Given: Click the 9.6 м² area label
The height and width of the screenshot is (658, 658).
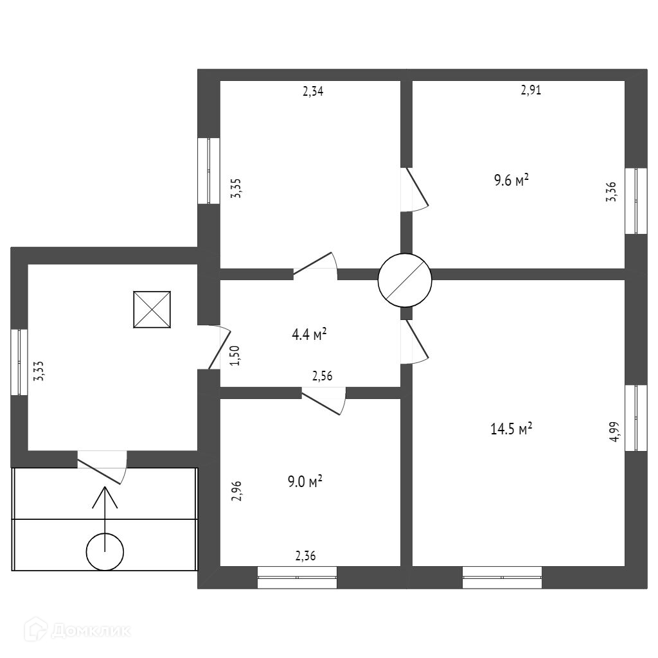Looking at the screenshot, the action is pyautogui.click(x=511, y=181).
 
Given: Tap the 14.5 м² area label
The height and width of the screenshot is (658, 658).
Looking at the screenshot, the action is pyautogui.click(x=511, y=429).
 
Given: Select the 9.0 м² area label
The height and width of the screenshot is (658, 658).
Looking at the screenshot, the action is pyautogui.click(x=305, y=481).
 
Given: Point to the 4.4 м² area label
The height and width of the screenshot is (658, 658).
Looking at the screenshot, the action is pyautogui.click(x=309, y=334).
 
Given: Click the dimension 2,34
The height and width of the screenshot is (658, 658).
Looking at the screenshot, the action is pyautogui.click(x=313, y=91).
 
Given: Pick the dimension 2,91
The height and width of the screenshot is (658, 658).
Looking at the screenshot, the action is pyautogui.click(x=531, y=91).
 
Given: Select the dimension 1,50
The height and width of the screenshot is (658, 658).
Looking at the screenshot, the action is pyautogui.click(x=235, y=355).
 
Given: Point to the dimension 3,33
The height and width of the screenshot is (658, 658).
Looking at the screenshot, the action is pyautogui.click(x=39, y=371).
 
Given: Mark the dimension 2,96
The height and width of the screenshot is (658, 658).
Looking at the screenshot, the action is pyautogui.click(x=236, y=490).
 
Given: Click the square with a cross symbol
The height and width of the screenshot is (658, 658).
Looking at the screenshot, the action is pyautogui.click(x=152, y=310).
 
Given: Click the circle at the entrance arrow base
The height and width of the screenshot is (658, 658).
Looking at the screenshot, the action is pyautogui.click(x=105, y=552).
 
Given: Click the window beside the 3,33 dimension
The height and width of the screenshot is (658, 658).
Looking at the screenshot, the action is pyautogui.click(x=19, y=362).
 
